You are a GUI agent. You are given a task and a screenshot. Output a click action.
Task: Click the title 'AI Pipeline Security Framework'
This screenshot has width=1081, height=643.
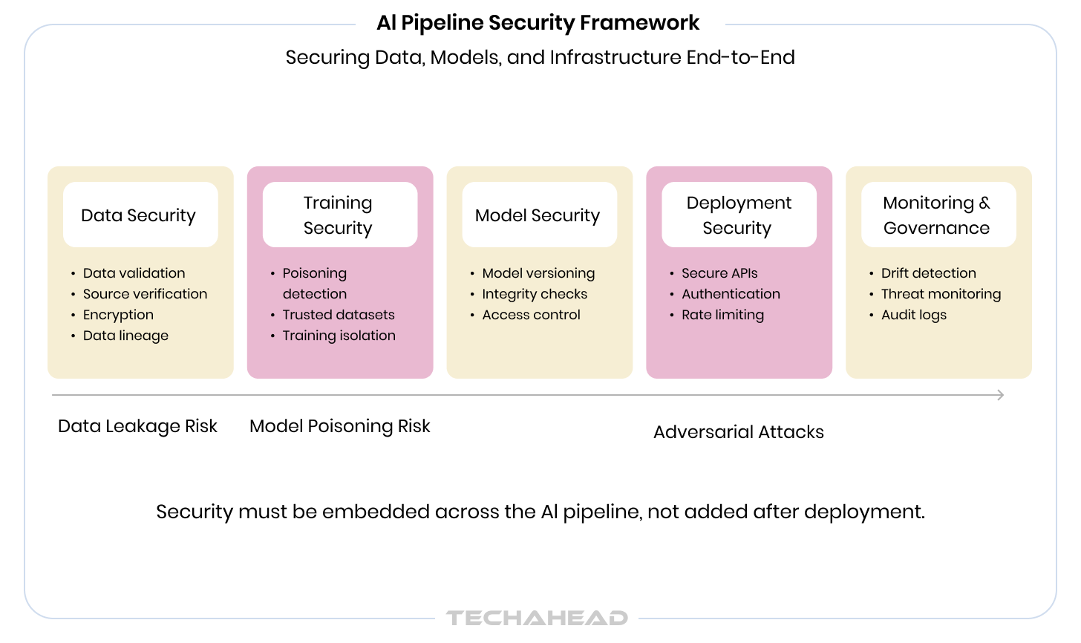[538, 23]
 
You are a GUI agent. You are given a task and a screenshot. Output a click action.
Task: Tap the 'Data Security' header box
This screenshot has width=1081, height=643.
[140, 215]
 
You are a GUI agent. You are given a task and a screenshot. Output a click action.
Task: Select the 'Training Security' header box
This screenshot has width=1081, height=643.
[339, 215]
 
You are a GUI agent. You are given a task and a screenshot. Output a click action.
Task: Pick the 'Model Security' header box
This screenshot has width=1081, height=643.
[538, 215]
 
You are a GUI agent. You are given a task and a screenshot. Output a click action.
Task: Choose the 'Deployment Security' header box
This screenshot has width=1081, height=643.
[739, 215]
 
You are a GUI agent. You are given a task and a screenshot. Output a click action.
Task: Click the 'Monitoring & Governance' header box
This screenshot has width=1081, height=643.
[938, 215]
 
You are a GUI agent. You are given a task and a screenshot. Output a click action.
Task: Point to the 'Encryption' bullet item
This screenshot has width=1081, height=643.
[118, 315]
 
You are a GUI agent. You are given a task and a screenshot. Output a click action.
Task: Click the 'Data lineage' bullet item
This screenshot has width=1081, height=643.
[125, 336]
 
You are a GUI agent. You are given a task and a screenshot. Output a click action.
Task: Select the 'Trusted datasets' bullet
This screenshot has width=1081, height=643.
[339, 315]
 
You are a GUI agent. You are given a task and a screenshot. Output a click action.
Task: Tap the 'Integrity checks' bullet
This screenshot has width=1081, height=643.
[535, 294]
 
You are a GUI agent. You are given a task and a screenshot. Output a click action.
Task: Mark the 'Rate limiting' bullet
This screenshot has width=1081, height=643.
[722, 315]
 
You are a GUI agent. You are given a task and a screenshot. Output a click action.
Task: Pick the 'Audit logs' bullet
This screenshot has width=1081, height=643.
[913, 315]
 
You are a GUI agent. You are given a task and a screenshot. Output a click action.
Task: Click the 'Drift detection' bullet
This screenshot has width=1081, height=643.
[928, 273]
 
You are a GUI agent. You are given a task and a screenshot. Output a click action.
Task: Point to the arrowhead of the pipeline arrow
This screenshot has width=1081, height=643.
[1000, 395]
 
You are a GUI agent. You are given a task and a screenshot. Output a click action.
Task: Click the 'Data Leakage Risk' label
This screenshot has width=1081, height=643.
[137, 426]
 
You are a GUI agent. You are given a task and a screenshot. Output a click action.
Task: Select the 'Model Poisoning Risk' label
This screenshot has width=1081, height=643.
[339, 426]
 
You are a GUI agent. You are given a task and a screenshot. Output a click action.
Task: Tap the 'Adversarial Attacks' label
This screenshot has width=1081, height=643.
[738, 432]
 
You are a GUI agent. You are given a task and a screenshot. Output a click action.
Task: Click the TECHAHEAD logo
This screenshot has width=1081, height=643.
[537, 618]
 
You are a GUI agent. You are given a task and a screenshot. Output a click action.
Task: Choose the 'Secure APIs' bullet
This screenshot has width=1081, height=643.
[719, 273]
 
